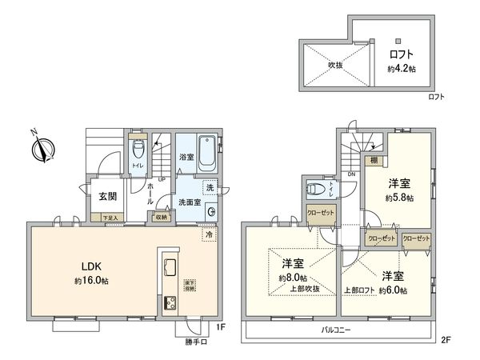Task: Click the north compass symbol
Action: point(41,148)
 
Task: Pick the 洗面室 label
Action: point(190,202)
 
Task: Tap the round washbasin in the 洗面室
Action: point(211,212)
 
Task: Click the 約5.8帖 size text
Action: point(398,198)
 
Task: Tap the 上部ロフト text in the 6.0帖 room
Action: point(361,290)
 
